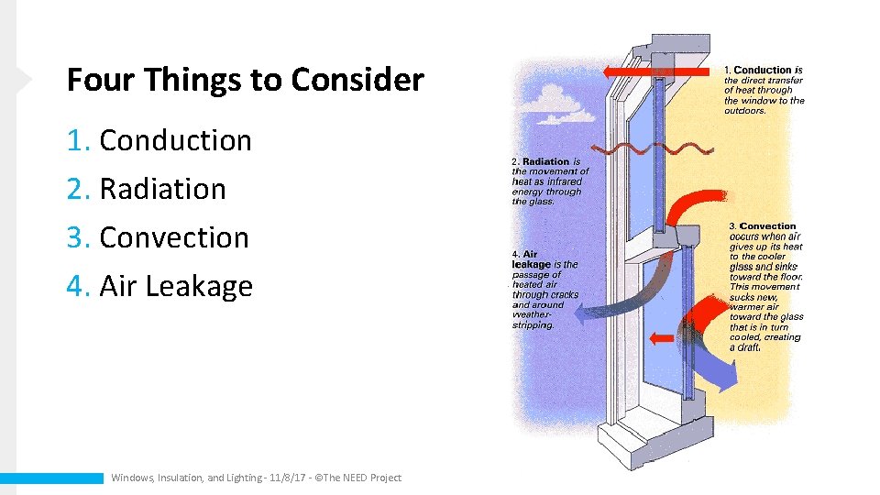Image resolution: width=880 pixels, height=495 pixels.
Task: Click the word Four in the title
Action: point(97,81)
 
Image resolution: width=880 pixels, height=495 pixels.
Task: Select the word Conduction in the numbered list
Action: point(175,140)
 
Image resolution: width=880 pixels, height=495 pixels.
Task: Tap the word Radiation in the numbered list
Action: point(162,189)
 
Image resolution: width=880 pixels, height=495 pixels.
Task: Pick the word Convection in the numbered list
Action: point(174,237)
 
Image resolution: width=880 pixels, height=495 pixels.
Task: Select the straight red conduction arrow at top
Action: point(655,71)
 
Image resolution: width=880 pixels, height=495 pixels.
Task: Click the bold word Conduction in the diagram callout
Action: point(763,71)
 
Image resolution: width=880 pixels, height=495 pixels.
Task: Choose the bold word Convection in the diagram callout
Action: point(768,226)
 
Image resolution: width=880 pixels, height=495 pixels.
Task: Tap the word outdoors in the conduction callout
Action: point(744,111)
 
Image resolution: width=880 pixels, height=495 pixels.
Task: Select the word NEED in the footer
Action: point(354,478)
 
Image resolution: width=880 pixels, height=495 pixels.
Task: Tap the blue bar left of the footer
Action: point(51,478)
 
